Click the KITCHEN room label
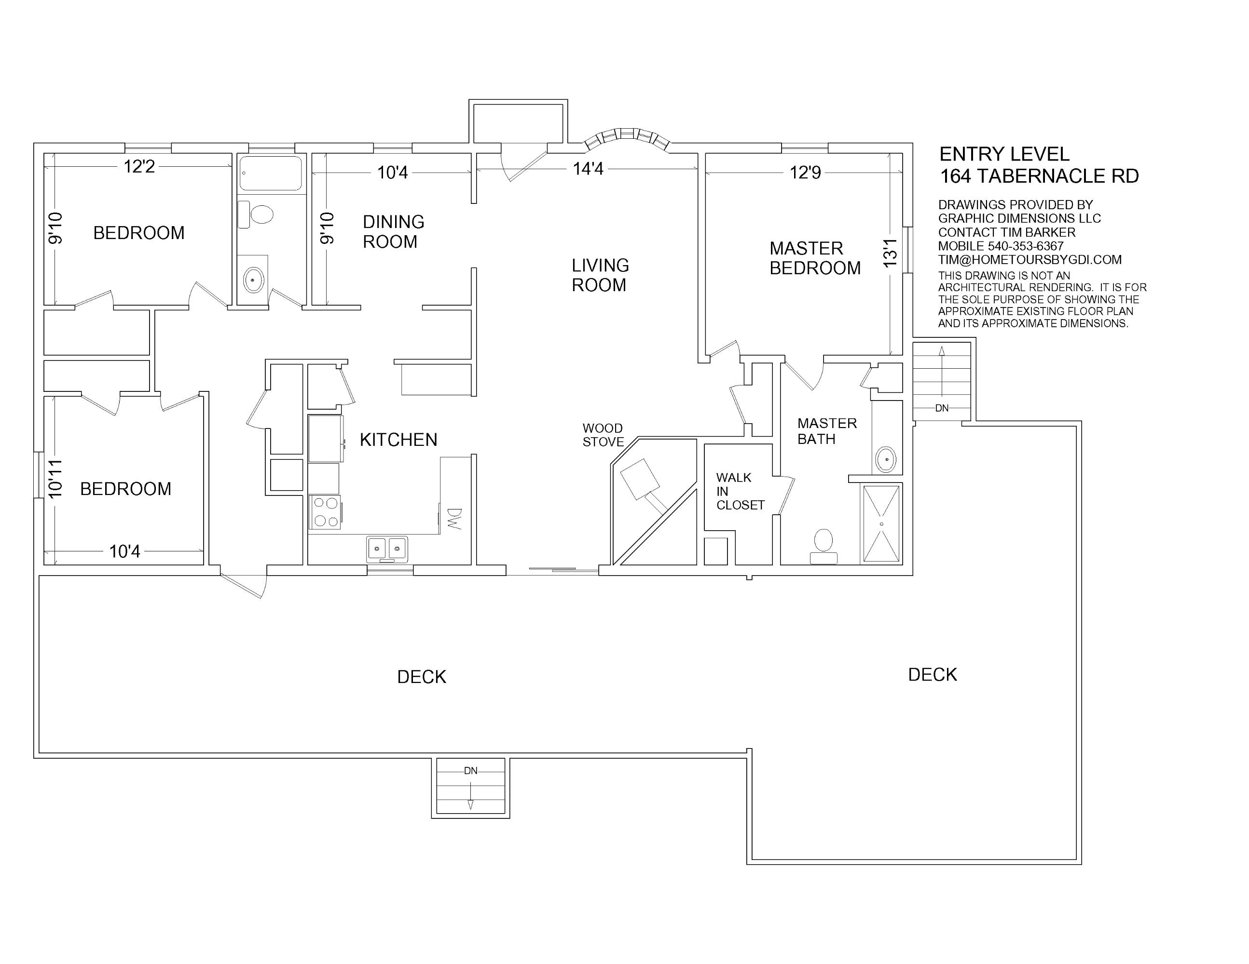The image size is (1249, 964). [398, 440]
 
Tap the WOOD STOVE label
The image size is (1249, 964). [603, 435]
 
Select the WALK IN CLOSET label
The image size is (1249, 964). [740, 492]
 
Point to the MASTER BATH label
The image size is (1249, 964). [827, 431]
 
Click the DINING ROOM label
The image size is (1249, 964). [394, 231]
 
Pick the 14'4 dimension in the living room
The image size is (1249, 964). [588, 169]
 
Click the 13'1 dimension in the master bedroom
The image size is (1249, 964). [891, 253]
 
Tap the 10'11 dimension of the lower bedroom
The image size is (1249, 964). [55, 478]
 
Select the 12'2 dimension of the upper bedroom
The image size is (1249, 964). [139, 166]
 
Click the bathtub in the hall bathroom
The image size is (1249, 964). [271, 173]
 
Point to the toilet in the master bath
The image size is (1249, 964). [824, 547]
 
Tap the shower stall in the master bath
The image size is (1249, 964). [881, 523]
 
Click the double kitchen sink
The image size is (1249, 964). [387, 549]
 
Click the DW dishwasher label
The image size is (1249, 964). [454, 519]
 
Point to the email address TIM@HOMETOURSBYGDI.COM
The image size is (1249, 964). [1030, 260]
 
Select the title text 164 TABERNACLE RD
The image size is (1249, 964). [1039, 176]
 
